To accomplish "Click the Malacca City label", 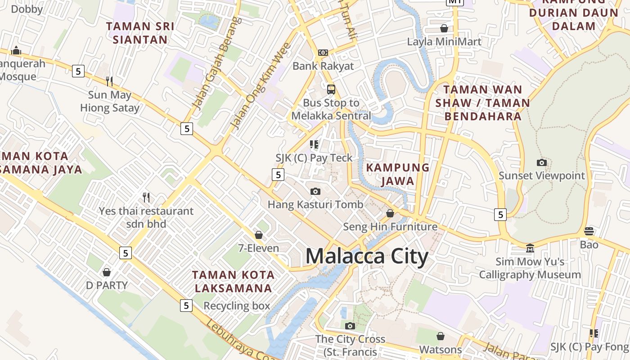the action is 367,256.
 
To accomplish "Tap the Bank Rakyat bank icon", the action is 323,53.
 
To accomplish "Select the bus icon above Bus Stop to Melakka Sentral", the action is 331,89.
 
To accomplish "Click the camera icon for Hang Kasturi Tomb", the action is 315,191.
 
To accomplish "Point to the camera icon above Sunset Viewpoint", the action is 542,162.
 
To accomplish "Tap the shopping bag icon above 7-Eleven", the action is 259,235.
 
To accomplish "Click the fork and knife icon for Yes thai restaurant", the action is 146,197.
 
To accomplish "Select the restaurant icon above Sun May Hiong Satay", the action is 109,81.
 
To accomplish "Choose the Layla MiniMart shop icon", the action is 444,28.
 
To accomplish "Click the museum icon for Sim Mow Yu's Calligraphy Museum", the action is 530,248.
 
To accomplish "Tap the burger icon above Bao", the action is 589,231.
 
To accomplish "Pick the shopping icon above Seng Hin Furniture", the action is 390,213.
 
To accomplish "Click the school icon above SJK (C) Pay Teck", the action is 314,144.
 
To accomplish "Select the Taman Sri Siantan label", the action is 140,32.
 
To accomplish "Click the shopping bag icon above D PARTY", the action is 107,272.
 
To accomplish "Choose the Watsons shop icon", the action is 441,336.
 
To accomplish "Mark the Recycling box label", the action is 237,306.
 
